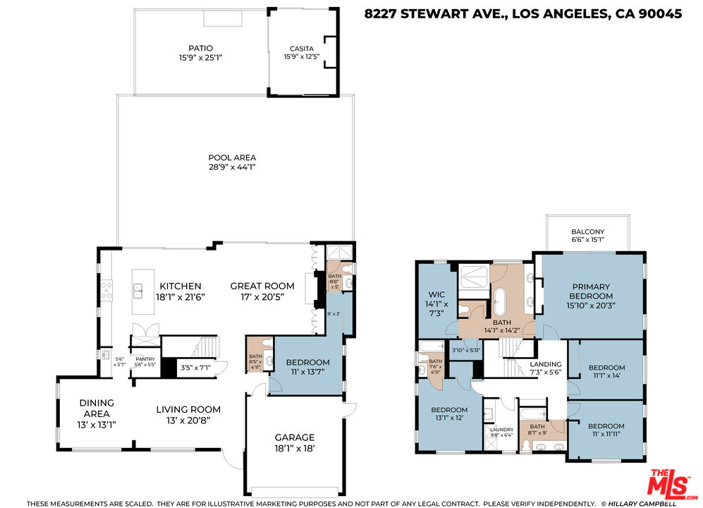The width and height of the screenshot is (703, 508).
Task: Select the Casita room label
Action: click(x=297, y=49)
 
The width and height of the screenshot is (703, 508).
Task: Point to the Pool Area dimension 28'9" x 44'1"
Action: click(x=232, y=167)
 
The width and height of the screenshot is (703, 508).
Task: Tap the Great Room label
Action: click(x=262, y=286)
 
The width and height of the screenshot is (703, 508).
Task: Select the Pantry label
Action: click(x=145, y=358)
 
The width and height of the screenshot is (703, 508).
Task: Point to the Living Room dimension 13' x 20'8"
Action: click(x=188, y=420)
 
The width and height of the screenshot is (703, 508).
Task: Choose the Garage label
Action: click(x=294, y=437)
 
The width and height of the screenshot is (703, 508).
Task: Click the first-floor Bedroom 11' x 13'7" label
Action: click(x=307, y=363)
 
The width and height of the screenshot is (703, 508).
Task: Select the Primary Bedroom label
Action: click(x=592, y=291)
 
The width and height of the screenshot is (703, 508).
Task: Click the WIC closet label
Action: click(x=434, y=295)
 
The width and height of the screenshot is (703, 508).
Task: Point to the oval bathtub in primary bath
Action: click(x=500, y=301)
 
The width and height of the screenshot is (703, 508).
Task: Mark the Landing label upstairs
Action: click(x=546, y=364)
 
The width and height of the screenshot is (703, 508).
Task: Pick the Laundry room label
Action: click(x=501, y=429)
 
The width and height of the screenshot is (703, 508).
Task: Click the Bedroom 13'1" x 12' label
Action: click(x=449, y=410)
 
